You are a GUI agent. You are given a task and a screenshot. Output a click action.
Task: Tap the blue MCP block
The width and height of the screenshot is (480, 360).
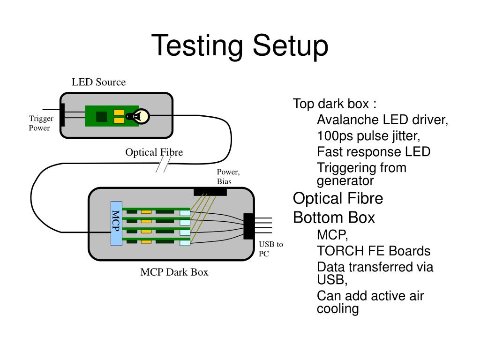pyautogui.click(x=116, y=224)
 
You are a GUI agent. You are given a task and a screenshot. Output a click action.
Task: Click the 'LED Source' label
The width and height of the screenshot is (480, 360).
pyautogui.click(x=98, y=82)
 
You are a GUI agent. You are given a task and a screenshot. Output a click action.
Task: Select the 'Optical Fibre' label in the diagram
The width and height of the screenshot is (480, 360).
pyautogui.click(x=154, y=152)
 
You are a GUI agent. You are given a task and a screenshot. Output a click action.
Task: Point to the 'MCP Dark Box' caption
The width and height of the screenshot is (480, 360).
pyautogui.click(x=174, y=272)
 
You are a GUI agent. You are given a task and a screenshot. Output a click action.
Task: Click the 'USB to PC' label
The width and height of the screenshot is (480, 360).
pyautogui.click(x=271, y=249)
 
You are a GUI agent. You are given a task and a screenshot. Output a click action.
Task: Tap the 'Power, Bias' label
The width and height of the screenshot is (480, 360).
pyautogui.click(x=228, y=177)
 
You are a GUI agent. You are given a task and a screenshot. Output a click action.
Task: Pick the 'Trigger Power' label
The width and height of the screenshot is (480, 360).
pyautogui.click(x=41, y=123)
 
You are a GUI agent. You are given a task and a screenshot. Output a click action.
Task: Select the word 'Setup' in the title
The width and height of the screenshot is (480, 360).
pyautogui.click(x=291, y=46)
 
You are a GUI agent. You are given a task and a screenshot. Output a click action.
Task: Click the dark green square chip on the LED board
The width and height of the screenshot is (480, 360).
pyautogui.click(x=102, y=116)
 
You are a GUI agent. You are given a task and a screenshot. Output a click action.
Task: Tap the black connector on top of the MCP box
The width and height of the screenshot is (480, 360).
pyautogui.click(x=210, y=192)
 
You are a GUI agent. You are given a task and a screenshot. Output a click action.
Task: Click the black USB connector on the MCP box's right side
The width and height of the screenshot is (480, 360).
pyautogui.click(x=248, y=226)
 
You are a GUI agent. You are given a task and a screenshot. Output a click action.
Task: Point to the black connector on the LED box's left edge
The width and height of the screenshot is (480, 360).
pyautogui.click(x=62, y=115)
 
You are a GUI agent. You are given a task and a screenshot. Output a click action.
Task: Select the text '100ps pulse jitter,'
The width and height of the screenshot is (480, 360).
pyautogui.click(x=368, y=136)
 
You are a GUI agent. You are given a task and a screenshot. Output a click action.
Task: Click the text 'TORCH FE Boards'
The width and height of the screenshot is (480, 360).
pyautogui.click(x=374, y=251)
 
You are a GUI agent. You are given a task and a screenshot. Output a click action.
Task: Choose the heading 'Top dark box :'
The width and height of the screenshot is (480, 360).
pyautogui.click(x=335, y=104)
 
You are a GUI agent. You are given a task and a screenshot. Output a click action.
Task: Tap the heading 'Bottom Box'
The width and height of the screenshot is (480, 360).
pyautogui.click(x=334, y=217)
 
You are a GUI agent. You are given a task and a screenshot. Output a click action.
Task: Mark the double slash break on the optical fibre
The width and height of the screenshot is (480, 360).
pyautogui.click(x=164, y=164)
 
